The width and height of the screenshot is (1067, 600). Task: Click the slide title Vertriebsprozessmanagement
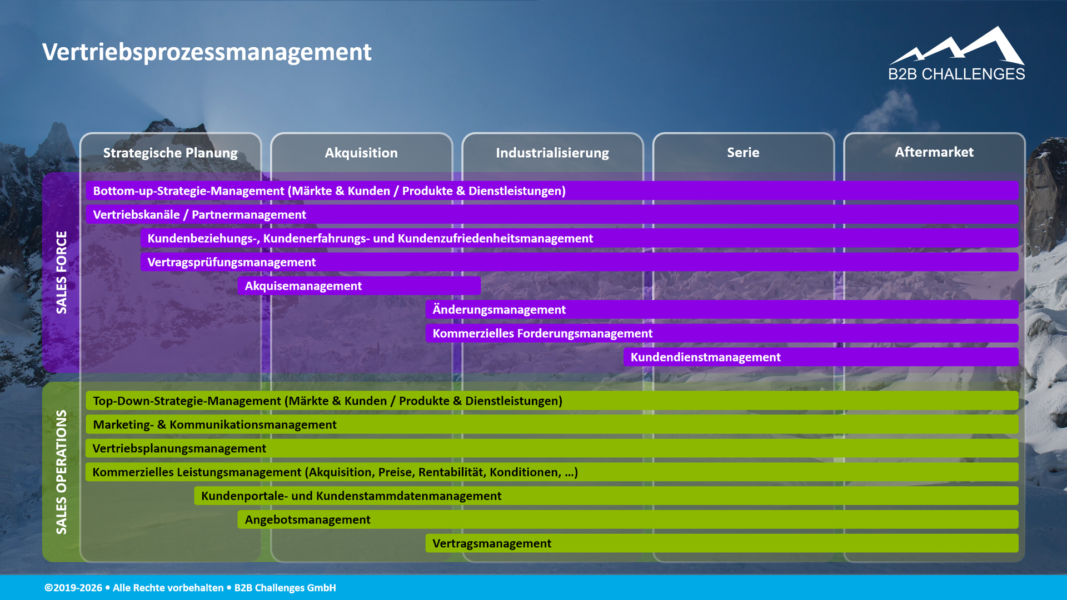[x=207, y=52]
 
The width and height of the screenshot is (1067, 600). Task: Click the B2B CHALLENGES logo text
[x=956, y=74]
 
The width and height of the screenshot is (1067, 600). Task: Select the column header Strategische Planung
[x=170, y=153]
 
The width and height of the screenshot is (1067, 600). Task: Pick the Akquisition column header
[x=361, y=153]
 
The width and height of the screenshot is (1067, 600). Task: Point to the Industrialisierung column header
[x=552, y=153]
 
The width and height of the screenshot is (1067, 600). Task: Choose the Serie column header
[x=743, y=152]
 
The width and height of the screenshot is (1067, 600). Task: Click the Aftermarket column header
[x=934, y=152]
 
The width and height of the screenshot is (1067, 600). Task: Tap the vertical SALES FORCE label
[x=61, y=272]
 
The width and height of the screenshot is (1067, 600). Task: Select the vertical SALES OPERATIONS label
[x=61, y=472]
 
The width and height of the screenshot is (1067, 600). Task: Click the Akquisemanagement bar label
[x=303, y=286]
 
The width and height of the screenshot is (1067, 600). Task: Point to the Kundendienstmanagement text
[x=705, y=357]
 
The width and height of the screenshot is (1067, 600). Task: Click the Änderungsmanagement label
[x=499, y=309]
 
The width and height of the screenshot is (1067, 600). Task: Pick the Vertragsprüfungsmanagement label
[x=231, y=262]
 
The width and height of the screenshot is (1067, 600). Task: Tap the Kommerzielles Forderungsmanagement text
[x=542, y=333]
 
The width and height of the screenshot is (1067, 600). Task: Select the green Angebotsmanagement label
[x=307, y=519]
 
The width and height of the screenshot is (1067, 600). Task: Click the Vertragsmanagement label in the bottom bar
[x=492, y=543]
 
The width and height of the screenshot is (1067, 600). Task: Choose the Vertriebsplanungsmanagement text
[x=179, y=448]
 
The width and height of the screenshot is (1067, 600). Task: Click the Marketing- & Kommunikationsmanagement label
[x=215, y=424]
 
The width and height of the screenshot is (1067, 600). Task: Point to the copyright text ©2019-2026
[x=73, y=588]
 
